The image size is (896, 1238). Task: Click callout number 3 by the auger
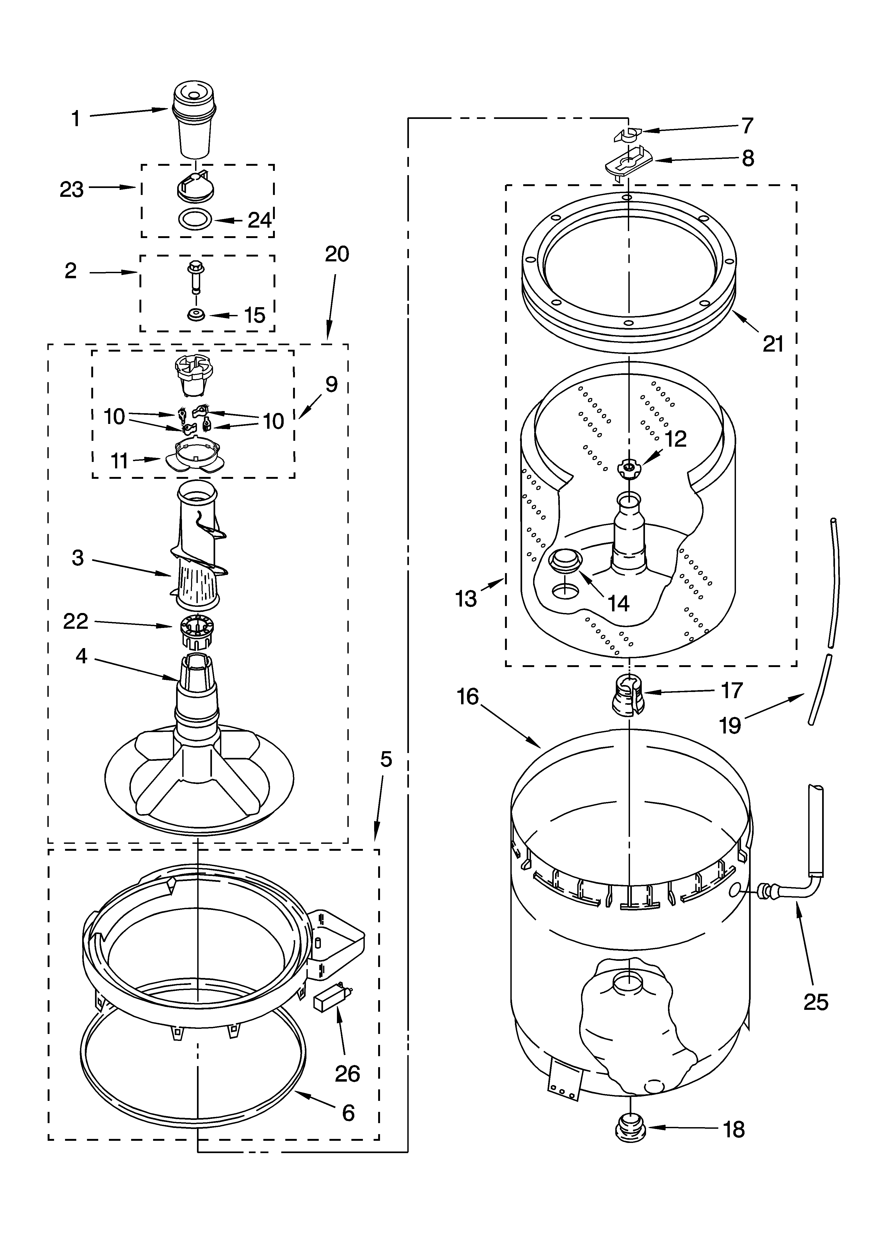[x=78, y=558]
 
